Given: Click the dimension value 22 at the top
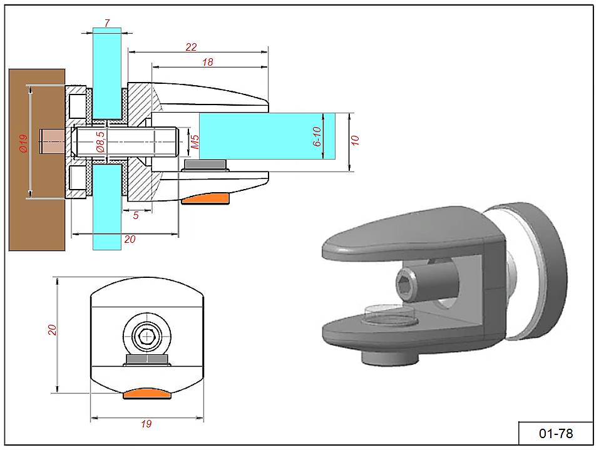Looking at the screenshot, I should [x=192, y=47].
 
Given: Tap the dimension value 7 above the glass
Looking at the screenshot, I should [x=107, y=23].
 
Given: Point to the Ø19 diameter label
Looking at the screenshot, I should [x=23, y=144].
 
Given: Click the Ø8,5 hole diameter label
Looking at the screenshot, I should [x=100, y=143].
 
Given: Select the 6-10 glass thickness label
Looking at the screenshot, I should [x=316, y=136].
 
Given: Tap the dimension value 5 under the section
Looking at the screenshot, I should [x=136, y=215].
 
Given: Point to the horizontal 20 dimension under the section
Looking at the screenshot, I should [x=130, y=238].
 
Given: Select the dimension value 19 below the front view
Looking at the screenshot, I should [x=146, y=424].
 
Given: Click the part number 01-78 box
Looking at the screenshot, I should [x=555, y=433].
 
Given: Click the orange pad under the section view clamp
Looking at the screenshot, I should [x=206, y=198].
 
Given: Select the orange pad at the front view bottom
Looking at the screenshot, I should [x=148, y=393].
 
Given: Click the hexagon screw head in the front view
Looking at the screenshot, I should [x=148, y=336].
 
